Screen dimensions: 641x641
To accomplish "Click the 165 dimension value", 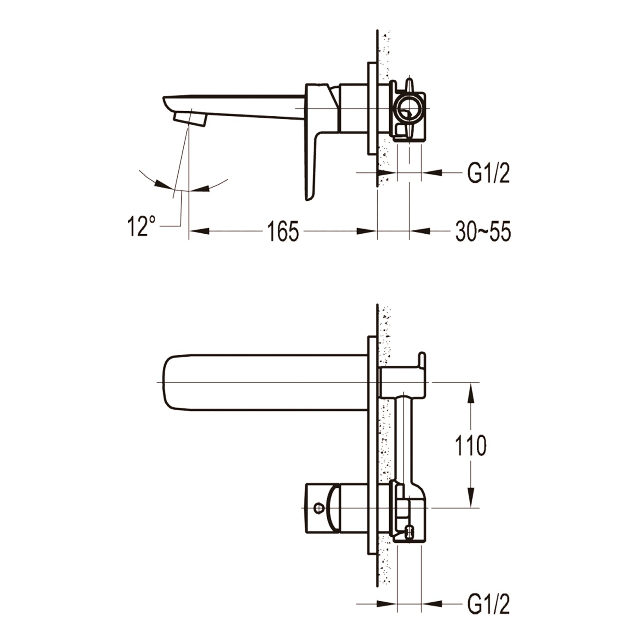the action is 283,231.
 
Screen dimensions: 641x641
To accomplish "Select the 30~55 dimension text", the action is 483,232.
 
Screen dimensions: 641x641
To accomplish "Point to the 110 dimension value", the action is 470,445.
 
